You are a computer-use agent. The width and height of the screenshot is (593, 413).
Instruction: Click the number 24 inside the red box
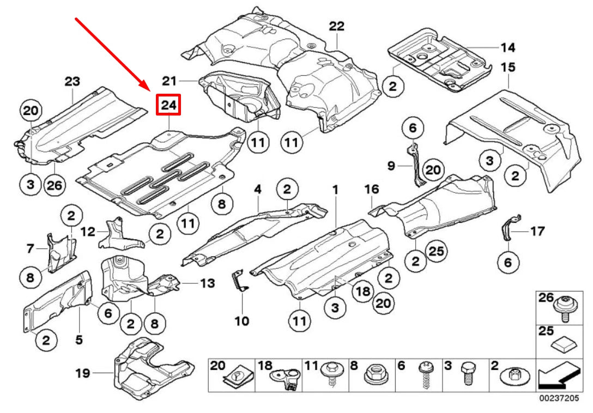click(168, 106)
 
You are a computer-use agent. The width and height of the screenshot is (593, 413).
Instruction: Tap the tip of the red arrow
click(151, 88)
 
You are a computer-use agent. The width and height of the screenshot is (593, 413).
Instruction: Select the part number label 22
click(337, 26)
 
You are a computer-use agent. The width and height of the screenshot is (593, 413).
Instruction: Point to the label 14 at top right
click(507, 47)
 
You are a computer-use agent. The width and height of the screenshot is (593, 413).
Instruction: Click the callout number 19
click(82, 373)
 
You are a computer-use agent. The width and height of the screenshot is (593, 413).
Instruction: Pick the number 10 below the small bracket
click(241, 320)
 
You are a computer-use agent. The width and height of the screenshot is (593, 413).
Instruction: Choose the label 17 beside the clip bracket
click(537, 232)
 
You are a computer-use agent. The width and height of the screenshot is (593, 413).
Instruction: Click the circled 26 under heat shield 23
click(55, 185)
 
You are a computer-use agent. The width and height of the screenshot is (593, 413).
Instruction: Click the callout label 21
click(170, 81)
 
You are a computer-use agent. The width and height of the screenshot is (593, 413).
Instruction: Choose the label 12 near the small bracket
click(88, 232)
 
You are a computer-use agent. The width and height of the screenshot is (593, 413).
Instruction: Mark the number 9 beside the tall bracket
click(391, 165)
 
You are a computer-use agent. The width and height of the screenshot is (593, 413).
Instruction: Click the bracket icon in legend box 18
click(286, 378)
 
